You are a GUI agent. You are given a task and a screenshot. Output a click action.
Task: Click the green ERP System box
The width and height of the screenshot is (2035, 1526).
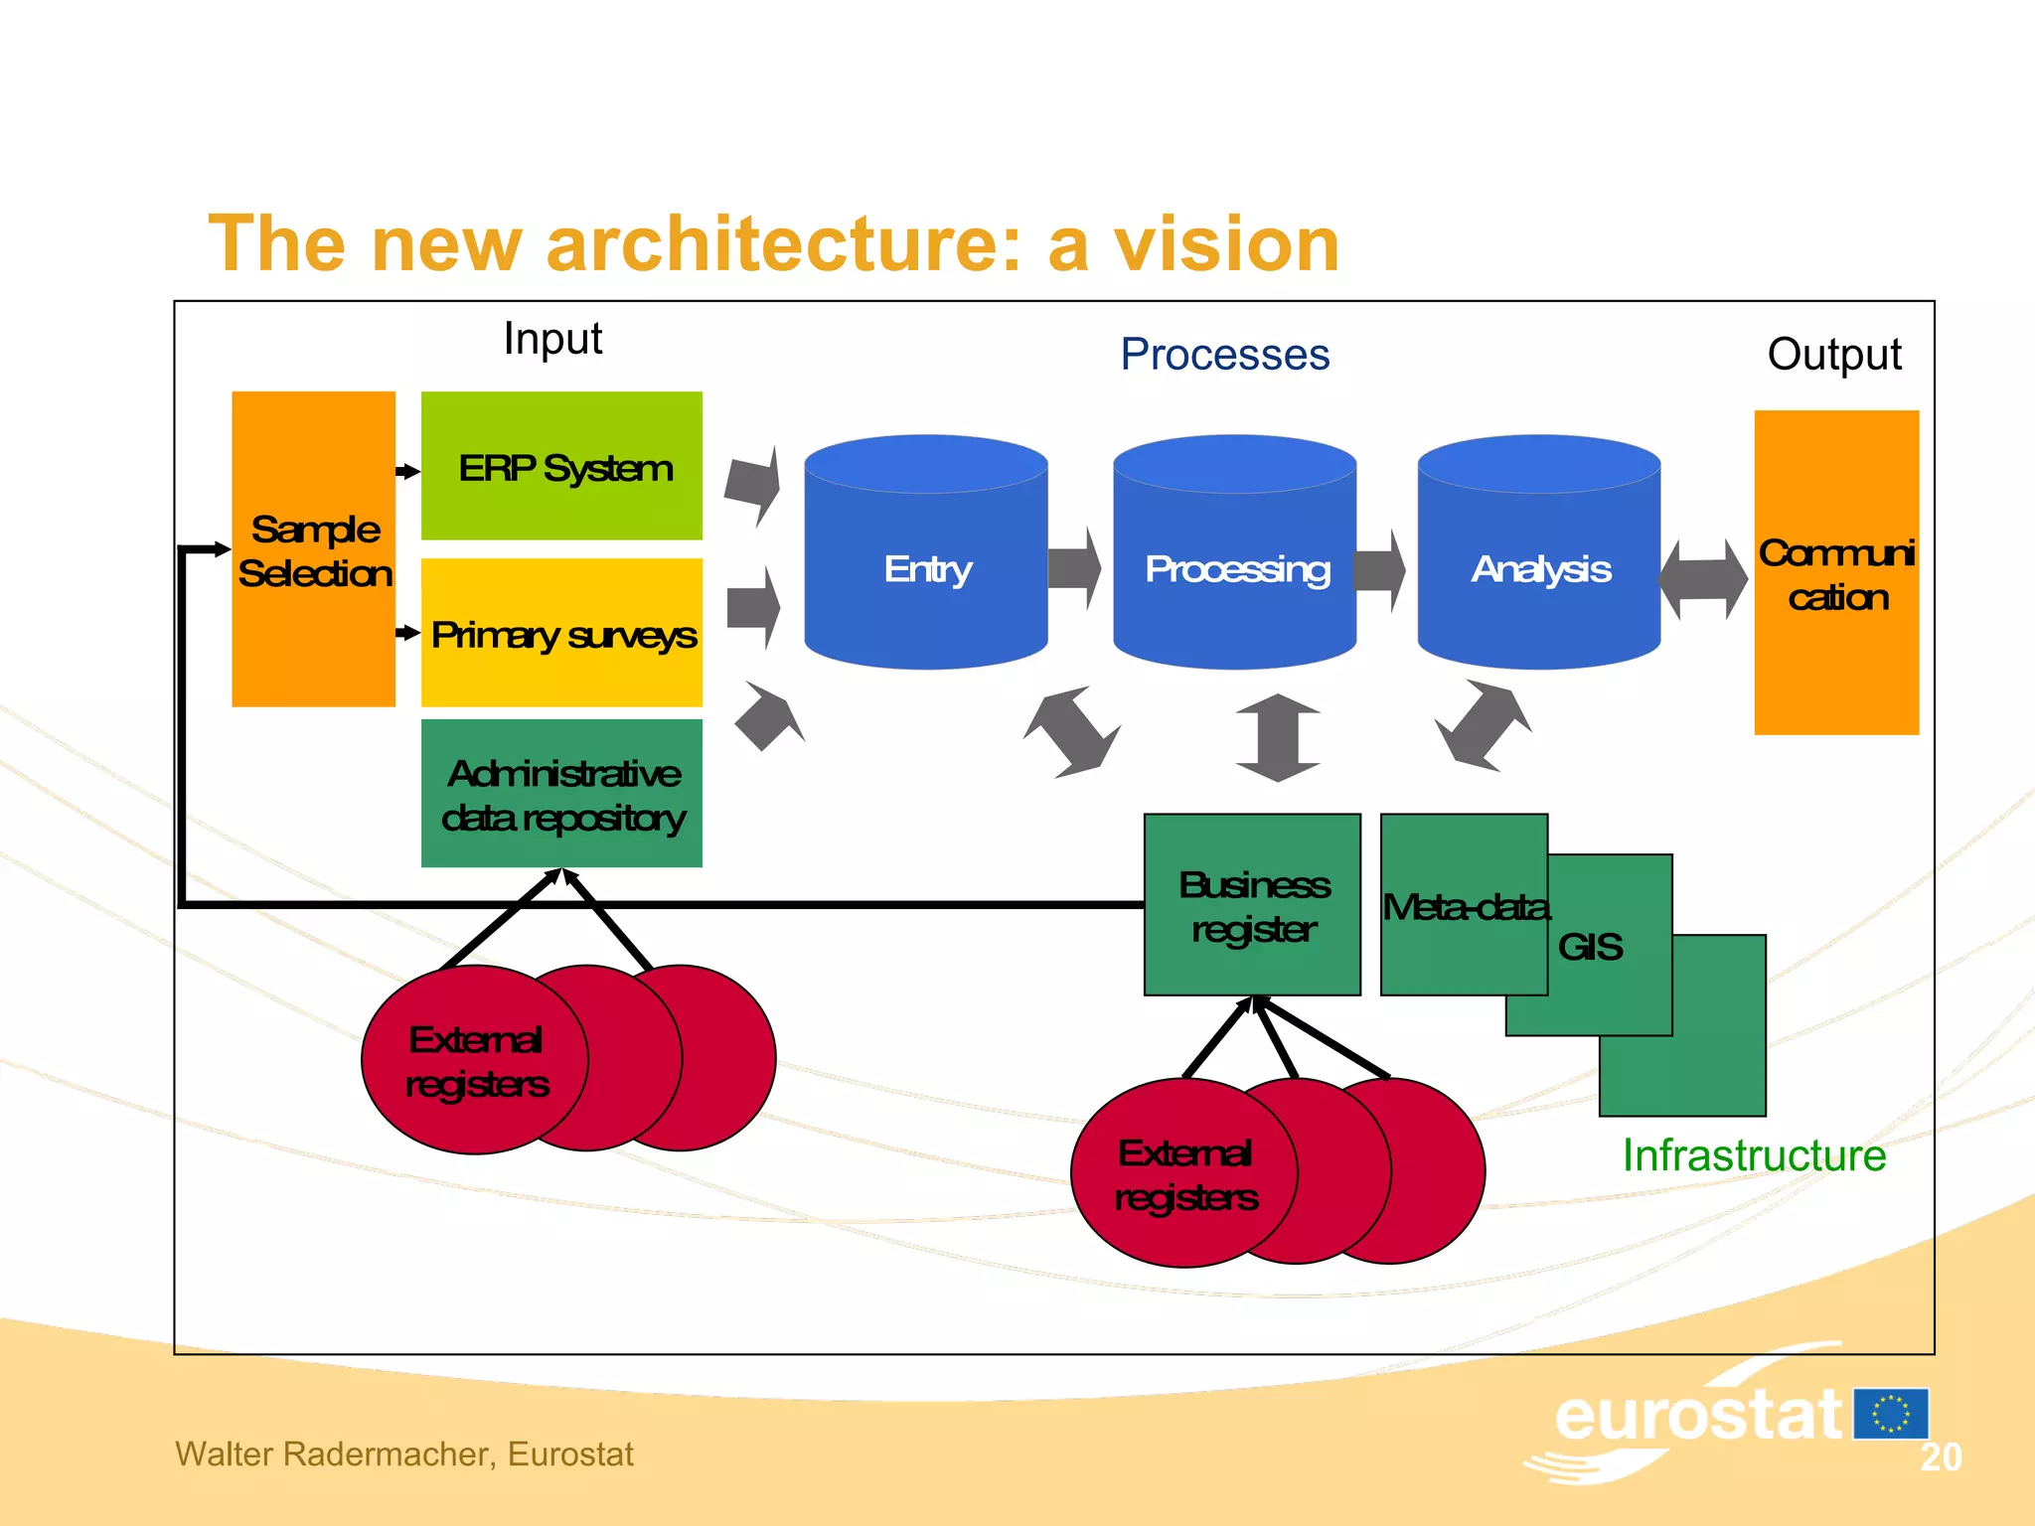point(561,466)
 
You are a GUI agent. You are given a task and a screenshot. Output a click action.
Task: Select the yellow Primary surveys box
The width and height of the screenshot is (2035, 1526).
point(561,633)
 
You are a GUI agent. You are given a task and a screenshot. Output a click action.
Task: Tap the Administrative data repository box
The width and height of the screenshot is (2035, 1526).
point(561,794)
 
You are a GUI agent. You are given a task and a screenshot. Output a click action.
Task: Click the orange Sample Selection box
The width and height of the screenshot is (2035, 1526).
point(313,549)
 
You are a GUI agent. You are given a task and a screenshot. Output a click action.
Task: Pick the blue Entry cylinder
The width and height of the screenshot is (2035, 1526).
point(926,568)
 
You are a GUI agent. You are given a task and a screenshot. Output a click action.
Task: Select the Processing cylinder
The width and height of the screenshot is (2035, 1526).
point(1235,568)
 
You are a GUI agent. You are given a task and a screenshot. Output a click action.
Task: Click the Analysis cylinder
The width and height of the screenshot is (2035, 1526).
point(1539,568)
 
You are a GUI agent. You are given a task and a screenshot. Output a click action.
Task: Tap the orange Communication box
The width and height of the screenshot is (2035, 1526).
point(1836,573)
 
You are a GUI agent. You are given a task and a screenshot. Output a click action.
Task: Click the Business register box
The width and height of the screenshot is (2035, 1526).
point(1252,905)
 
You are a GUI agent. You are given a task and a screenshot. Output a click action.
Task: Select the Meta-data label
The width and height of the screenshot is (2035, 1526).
point(1465,907)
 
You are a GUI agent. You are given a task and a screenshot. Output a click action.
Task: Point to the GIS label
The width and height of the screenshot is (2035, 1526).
point(1590,947)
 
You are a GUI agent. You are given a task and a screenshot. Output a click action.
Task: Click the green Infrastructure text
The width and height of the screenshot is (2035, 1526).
point(1754,1155)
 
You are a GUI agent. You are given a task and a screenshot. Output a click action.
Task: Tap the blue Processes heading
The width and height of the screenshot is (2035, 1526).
point(1224,355)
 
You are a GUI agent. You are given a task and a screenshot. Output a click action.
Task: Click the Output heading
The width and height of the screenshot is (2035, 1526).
point(1833,355)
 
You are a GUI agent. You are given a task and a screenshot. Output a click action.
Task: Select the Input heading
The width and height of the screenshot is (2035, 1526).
point(552,339)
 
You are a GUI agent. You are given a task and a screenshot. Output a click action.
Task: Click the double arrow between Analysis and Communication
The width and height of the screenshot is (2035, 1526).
point(1704,579)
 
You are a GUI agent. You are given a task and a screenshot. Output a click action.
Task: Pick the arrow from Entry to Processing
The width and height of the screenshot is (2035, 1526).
point(1075,568)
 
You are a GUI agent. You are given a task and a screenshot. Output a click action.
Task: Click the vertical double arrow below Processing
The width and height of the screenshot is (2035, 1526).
point(1278,737)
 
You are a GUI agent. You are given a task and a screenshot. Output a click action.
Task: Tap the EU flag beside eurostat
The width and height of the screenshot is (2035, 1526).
point(1891,1414)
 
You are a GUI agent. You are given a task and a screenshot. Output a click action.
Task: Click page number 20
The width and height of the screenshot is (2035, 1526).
point(1940,1457)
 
